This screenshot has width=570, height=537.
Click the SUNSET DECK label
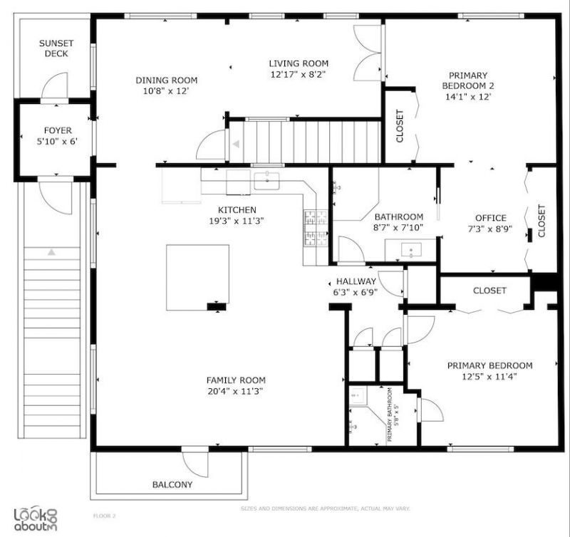pyautogui.click(x=56, y=48)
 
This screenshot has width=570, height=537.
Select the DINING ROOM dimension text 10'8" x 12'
pyautogui.click(x=166, y=91)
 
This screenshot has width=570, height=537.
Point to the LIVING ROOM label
pyautogui.click(x=299, y=63)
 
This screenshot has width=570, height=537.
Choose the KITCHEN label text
pyautogui.click(x=237, y=209)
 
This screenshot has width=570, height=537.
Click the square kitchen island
pyautogui.click(x=197, y=276)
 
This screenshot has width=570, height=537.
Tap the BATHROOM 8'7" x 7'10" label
pyautogui.click(x=398, y=217)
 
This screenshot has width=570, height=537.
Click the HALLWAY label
pyautogui.click(x=356, y=281)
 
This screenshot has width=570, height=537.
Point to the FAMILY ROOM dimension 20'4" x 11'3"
pyautogui.click(x=236, y=392)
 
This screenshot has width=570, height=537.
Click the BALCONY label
pyautogui.click(x=172, y=485)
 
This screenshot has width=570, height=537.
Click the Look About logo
pyautogui.click(x=35, y=516)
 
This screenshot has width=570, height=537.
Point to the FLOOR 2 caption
pyautogui.click(x=104, y=515)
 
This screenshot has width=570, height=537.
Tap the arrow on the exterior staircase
pyautogui.click(x=51, y=252)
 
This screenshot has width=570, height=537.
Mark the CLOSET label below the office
pyautogui.click(x=489, y=291)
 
